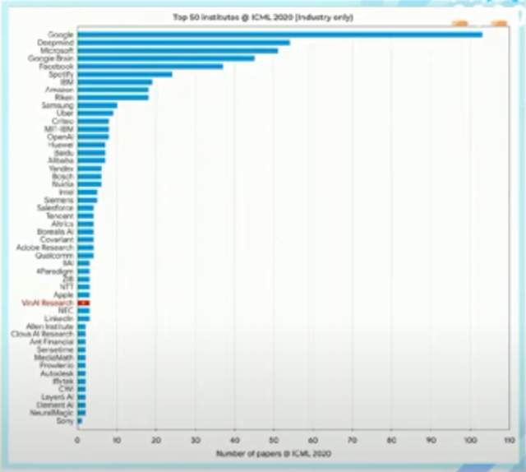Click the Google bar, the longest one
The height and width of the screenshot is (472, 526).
[x=279, y=35]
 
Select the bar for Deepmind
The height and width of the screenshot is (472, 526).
[x=183, y=42]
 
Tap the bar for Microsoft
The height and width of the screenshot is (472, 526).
[x=178, y=50]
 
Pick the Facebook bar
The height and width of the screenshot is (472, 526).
[x=150, y=66]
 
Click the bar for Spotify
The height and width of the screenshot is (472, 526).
[x=124, y=74]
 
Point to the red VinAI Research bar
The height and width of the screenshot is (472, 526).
[x=83, y=303]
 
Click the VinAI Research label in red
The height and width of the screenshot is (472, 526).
[x=48, y=303]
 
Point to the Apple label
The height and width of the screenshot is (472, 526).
[x=63, y=294]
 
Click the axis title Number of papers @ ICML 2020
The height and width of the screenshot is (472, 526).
[x=274, y=453]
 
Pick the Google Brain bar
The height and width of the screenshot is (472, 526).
[x=165, y=58]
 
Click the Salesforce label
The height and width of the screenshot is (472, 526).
[x=55, y=208]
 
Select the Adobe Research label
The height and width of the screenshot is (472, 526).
[x=45, y=247]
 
